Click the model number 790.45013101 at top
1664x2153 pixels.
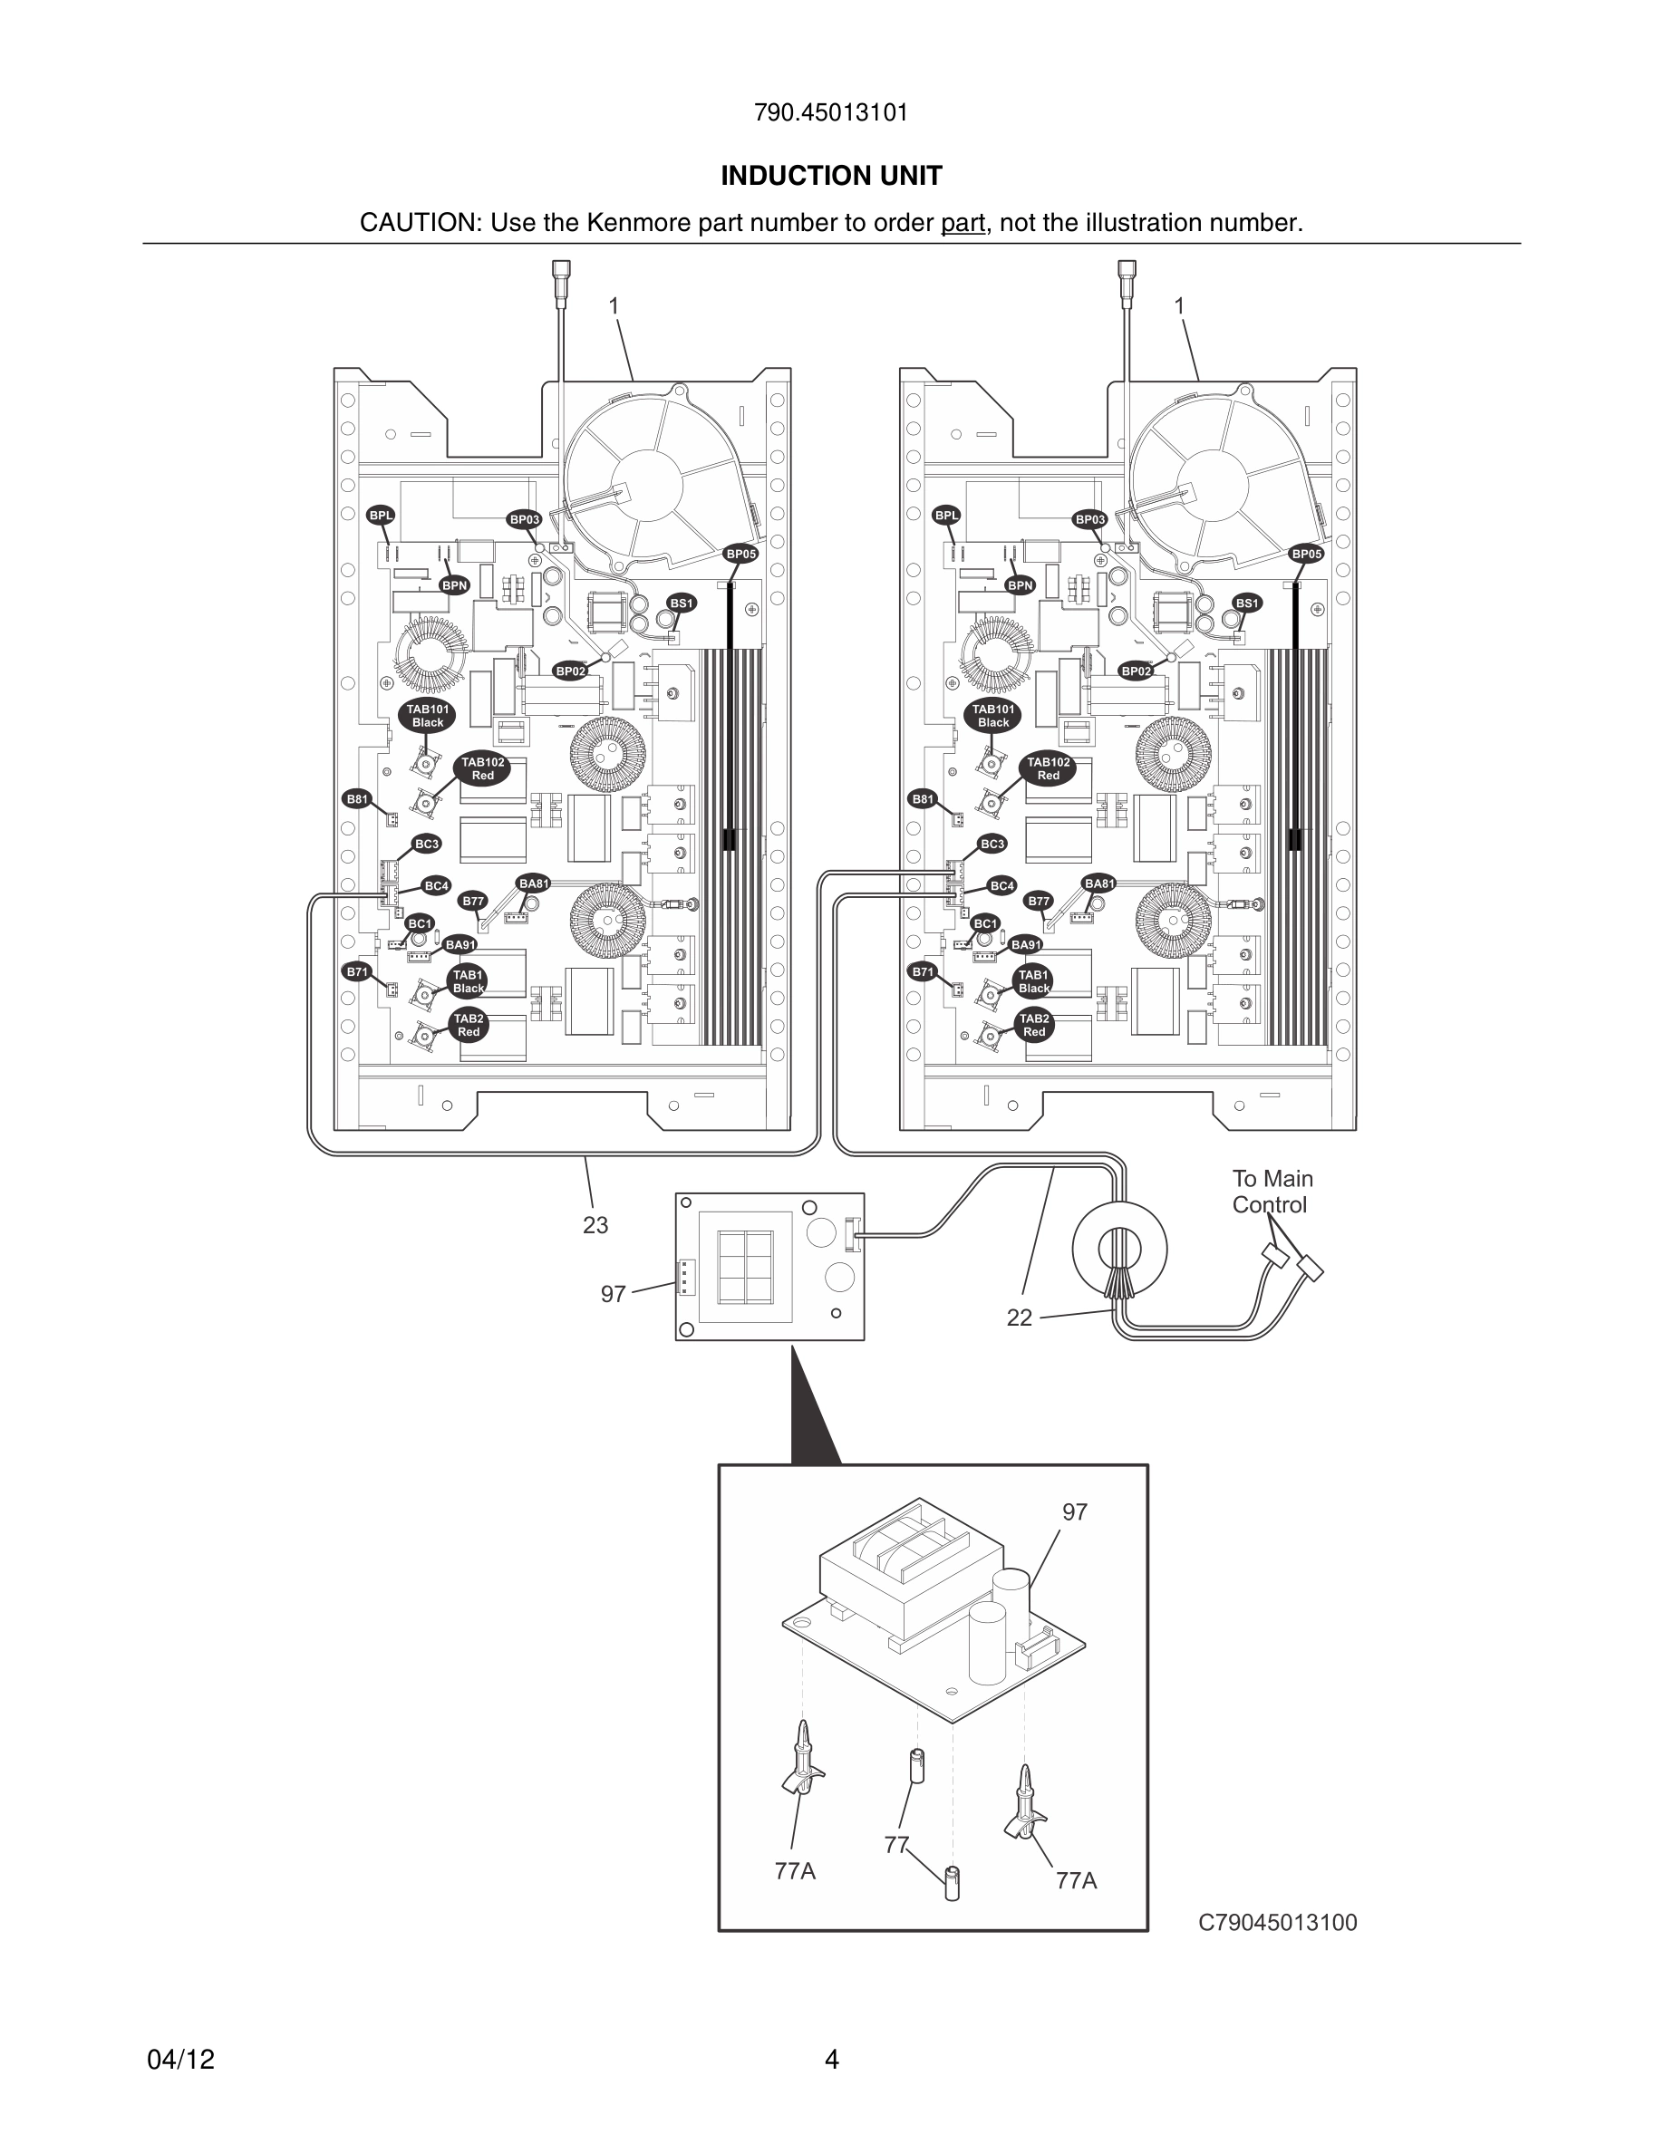(830, 112)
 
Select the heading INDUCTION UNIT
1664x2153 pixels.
(831, 176)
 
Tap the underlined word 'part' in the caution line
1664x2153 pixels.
(963, 223)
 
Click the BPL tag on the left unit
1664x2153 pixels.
(381, 516)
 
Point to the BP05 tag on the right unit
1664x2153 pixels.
(1306, 554)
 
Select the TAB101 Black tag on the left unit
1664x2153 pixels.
(428, 716)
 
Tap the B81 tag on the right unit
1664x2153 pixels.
(923, 799)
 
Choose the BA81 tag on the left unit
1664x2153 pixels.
(533, 883)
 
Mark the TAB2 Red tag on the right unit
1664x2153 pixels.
(1033, 1025)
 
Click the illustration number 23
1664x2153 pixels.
(595, 1225)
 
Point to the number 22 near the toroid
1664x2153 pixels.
(1020, 1318)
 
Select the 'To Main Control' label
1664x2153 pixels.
(1272, 1192)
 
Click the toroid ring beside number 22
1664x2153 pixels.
(1120, 1249)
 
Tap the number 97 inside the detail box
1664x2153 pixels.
(1075, 1512)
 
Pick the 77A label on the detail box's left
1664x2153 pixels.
(795, 1871)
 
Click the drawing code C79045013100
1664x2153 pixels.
(1278, 1922)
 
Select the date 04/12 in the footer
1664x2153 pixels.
(180, 2060)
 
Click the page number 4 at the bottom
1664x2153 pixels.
(831, 2060)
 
